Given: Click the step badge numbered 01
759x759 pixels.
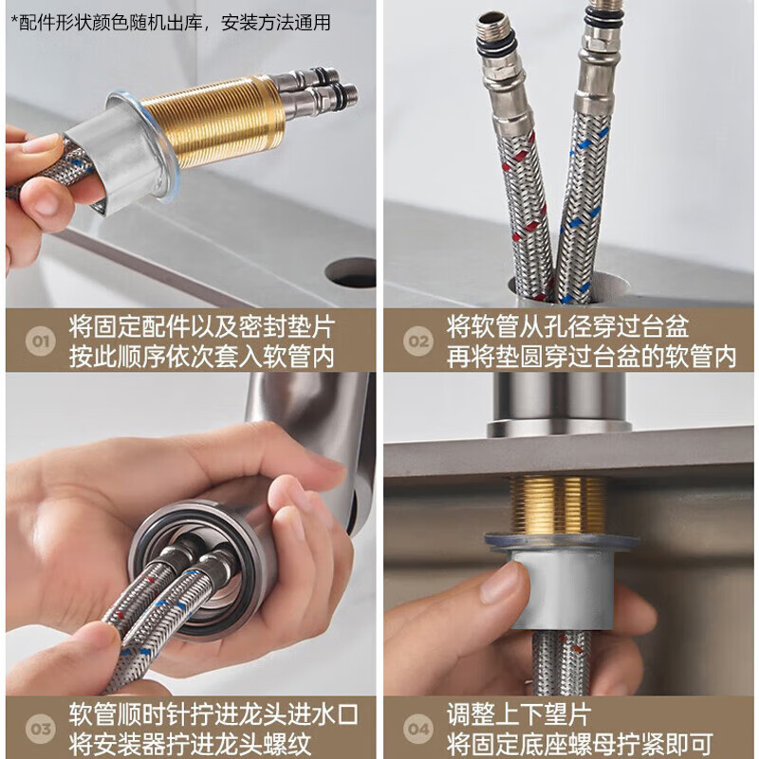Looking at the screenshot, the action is coord(41,342).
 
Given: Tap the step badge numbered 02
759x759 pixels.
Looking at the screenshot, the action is coord(418,342).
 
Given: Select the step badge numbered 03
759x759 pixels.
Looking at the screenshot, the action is coord(41,729).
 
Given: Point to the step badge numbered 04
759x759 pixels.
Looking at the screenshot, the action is coord(418,729).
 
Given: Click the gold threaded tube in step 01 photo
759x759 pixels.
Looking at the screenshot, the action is coord(213,121).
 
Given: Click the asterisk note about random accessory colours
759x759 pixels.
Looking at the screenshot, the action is coord(171,23).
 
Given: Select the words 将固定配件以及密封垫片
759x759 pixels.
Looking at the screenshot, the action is coord(202,326).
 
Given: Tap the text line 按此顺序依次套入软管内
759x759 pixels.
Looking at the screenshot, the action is coord(202,358).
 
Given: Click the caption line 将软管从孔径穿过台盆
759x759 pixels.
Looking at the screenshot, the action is coord(567,326).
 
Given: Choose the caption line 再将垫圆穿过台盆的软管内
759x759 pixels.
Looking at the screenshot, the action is coord(591,358).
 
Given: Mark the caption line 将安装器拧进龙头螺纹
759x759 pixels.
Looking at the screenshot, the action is coord(190,745).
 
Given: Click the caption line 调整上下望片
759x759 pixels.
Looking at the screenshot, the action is coord(519,714).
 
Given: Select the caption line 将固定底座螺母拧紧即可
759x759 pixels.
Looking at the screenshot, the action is coord(580,745).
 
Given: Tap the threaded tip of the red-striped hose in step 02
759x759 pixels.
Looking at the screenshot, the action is coord(493,30).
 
